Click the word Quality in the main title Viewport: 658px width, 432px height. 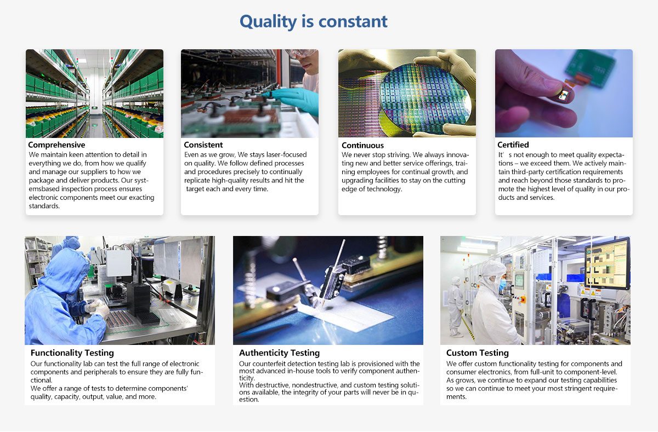268,22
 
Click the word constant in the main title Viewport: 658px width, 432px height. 353,21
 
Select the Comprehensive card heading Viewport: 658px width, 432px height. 56,145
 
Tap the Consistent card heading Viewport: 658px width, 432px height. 203,145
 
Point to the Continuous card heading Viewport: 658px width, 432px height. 362,146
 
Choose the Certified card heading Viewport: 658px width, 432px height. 513,145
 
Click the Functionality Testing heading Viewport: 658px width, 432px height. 72,353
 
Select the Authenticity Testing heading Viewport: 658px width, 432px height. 279,353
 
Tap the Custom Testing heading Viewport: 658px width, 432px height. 478,353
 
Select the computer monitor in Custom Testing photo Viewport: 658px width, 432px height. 607,263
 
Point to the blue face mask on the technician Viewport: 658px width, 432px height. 503,284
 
